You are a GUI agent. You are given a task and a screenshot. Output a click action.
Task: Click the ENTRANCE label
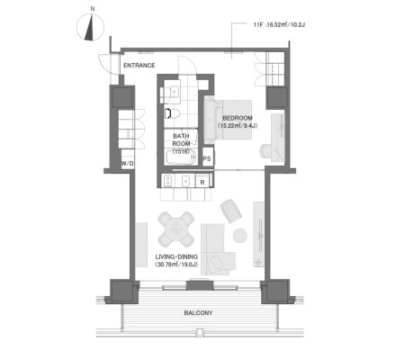[139, 65]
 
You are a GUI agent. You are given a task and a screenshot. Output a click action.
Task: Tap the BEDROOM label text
[238, 118]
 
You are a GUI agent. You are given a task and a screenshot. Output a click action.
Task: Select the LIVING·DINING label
[176, 256]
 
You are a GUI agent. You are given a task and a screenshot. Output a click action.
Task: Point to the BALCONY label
[198, 313]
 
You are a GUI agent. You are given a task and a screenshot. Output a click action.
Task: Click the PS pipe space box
[207, 157]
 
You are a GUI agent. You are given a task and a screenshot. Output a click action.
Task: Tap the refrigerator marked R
[202, 182]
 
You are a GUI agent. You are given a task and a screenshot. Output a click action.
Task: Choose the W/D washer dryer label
[128, 164]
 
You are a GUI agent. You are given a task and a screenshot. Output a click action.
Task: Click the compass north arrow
[90, 28]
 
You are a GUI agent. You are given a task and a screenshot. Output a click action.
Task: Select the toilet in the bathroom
[172, 113]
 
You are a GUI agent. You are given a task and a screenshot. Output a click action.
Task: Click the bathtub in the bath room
[181, 157]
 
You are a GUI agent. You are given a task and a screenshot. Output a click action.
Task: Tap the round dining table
[176, 229]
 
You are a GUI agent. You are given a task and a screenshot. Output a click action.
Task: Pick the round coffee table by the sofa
[240, 236]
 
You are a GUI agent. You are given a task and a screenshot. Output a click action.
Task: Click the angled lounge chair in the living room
[231, 211]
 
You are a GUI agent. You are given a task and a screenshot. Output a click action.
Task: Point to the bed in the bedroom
[228, 120]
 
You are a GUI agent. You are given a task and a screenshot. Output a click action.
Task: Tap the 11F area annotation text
[279, 25]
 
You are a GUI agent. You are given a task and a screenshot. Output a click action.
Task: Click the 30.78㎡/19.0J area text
[176, 265]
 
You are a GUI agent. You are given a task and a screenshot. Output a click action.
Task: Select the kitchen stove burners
[167, 181]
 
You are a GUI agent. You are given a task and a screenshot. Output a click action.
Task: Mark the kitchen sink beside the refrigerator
[186, 181]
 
